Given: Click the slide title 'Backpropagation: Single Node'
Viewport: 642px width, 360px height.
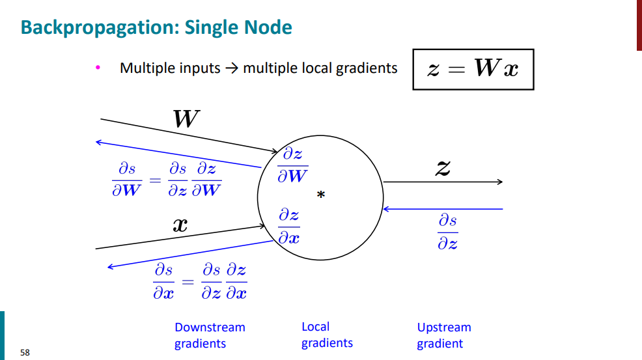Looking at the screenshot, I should click(156, 28).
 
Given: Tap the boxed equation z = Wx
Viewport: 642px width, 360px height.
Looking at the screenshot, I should click(473, 69).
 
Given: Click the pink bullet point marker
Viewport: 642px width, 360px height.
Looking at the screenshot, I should click(98, 67).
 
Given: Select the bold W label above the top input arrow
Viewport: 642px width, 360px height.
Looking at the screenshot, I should click(186, 119).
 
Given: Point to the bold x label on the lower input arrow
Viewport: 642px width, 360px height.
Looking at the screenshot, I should click(180, 225).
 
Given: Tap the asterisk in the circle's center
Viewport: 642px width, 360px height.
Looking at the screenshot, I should click(320, 195).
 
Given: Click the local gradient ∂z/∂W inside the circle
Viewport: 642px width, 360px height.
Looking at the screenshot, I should click(292, 165).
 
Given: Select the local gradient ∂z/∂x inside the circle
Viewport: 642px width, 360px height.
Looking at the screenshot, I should click(289, 225).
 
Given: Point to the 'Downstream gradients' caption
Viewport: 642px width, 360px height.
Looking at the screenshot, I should click(210, 335).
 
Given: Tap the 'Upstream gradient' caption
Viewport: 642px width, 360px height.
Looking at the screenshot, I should click(443, 335).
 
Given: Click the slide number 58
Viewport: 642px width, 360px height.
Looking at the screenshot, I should click(25, 353).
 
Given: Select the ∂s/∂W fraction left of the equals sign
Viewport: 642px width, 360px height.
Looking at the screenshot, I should click(127, 179).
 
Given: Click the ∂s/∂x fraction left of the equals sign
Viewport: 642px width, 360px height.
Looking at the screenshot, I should click(163, 281).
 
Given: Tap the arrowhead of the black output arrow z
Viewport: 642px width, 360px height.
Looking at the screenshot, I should click(500, 182).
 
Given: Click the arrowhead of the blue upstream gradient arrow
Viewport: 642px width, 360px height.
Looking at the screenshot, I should click(385, 209).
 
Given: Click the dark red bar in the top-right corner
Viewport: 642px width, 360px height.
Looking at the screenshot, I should click(639, 25).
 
